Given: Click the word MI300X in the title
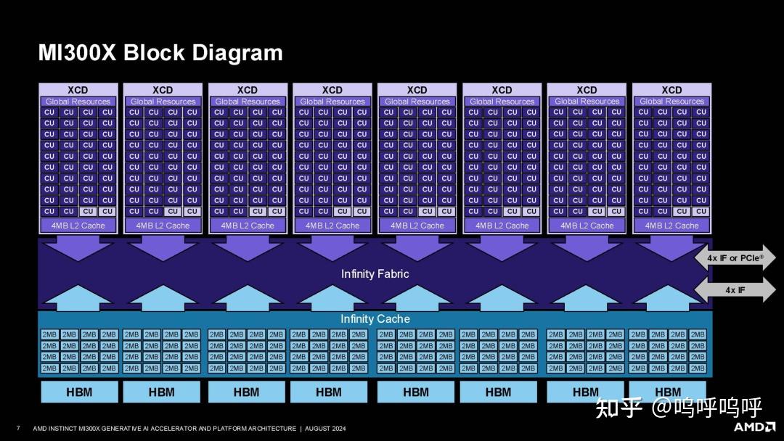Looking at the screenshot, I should (x=77, y=53).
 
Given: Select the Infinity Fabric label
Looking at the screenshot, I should (x=375, y=273).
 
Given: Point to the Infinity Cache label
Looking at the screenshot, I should (x=375, y=319).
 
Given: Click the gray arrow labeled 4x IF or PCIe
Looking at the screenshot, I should (x=735, y=258).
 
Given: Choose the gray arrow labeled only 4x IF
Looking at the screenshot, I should (x=735, y=290).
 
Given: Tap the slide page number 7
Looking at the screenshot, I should (x=18, y=428).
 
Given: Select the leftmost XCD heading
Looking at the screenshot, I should (x=78, y=90).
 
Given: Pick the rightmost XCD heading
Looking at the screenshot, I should (x=671, y=90).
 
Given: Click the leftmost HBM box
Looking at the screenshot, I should (x=78, y=392).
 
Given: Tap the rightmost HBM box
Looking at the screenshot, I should (x=668, y=392).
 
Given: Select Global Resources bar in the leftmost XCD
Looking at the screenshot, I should (x=78, y=102).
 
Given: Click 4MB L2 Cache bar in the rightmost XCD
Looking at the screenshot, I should (x=671, y=226).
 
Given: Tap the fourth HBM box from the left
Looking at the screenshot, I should (x=328, y=392).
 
